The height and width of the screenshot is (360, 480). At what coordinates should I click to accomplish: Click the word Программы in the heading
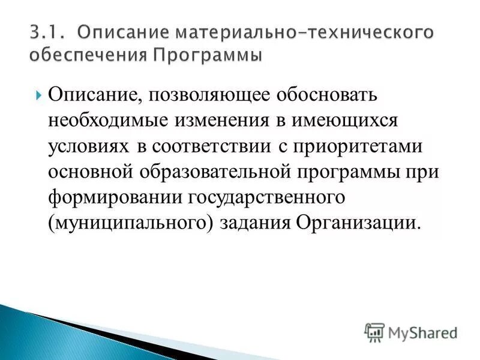[x=206, y=55]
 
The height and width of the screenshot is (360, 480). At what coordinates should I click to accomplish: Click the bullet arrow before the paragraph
[x=39, y=95]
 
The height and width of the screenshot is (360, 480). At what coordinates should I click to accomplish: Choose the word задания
[x=254, y=223]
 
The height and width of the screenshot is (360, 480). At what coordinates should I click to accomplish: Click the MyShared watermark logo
[x=412, y=331]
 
